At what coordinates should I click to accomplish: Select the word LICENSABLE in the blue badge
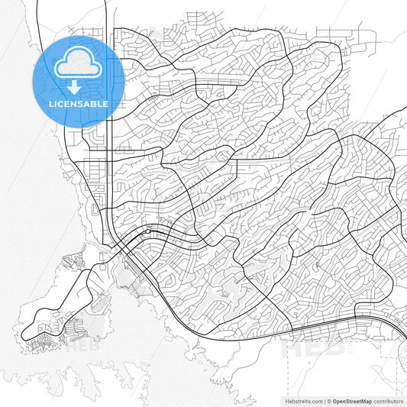(x=79, y=103)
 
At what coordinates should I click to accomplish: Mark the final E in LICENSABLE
(x=105, y=103)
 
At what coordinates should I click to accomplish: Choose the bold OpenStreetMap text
(x=357, y=399)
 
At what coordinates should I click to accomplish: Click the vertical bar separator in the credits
(x=325, y=399)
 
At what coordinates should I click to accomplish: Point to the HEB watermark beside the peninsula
(x=82, y=345)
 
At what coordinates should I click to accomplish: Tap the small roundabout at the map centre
(x=149, y=231)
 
